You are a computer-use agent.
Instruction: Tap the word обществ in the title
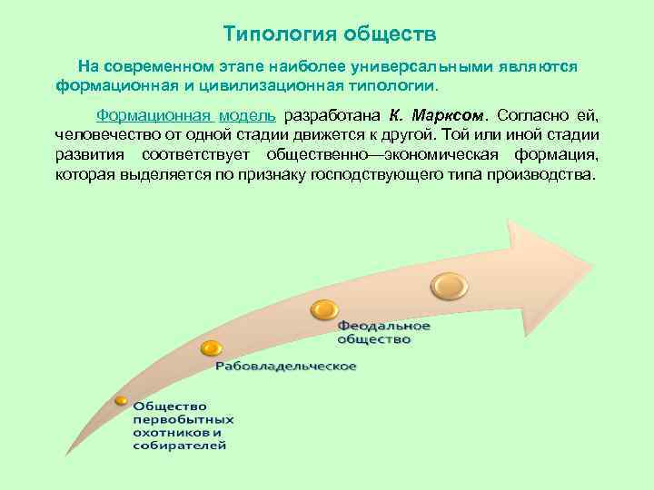(x=390, y=34)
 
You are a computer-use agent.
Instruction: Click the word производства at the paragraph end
(x=539, y=173)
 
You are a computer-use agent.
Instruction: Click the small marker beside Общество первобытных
(x=121, y=400)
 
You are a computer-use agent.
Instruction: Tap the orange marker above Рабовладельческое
(x=211, y=348)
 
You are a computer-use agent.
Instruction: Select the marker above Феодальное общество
(x=324, y=309)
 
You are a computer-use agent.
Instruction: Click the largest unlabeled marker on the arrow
(x=448, y=285)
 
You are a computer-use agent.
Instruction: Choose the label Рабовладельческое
(x=285, y=367)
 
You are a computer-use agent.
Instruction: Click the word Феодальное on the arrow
(x=384, y=326)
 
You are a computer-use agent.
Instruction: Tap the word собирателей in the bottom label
(x=180, y=446)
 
